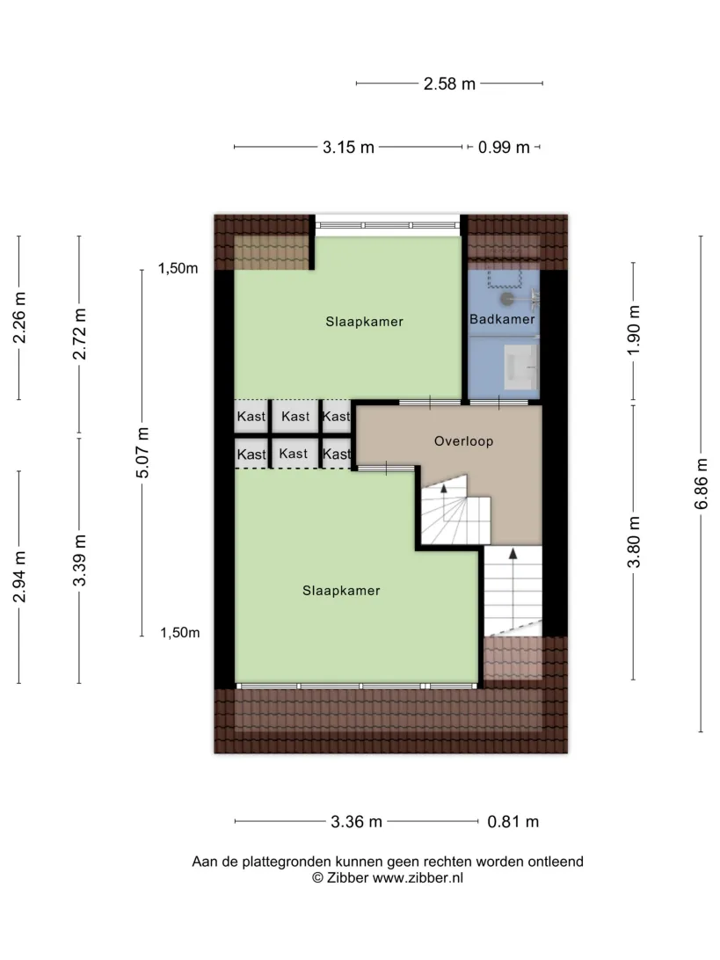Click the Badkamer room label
pyautogui.click(x=502, y=319)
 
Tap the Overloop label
pyautogui.click(x=463, y=440)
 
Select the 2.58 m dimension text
pyautogui.click(x=449, y=84)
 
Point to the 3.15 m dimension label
pyautogui.click(x=348, y=148)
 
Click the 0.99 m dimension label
pyautogui.click(x=504, y=148)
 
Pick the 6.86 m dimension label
pyautogui.click(x=702, y=484)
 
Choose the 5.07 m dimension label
pyautogui.click(x=142, y=453)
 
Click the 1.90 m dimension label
pyautogui.click(x=634, y=330)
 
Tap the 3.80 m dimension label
pyautogui.click(x=634, y=542)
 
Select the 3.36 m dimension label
pyautogui.click(x=356, y=822)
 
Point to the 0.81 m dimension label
pyautogui.click(x=513, y=822)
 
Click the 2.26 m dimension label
pyautogui.click(x=19, y=317)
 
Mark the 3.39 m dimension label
pyautogui.click(x=80, y=560)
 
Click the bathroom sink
pyautogui.click(x=521, y=367)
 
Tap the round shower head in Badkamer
pyautogui.click(x=507, y=299)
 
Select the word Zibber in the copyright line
pyautogui.click(x=348, y=878)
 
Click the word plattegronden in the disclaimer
pyautogui.click(x=285, y=862)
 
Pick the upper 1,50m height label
pyautogui.click(x=178, y=268)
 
